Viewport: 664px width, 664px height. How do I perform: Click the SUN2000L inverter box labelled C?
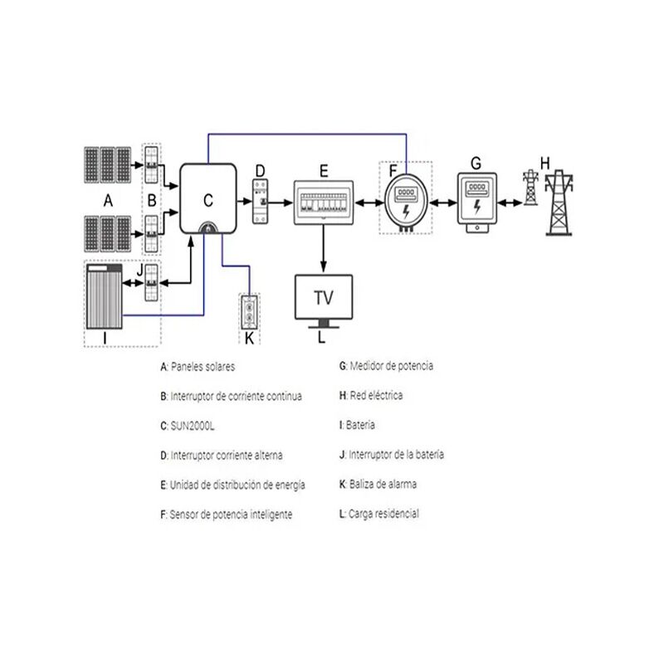(x=207, y=197)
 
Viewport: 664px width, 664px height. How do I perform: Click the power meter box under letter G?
(x=476, y=199)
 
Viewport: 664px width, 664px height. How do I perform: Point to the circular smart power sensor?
(x=407, y=203)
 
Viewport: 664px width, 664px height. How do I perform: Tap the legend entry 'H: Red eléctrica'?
(x=371, y=396)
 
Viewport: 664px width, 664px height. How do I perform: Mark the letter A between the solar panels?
(x=107, y=200)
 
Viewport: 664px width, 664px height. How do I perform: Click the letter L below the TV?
(x=323, y=338)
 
